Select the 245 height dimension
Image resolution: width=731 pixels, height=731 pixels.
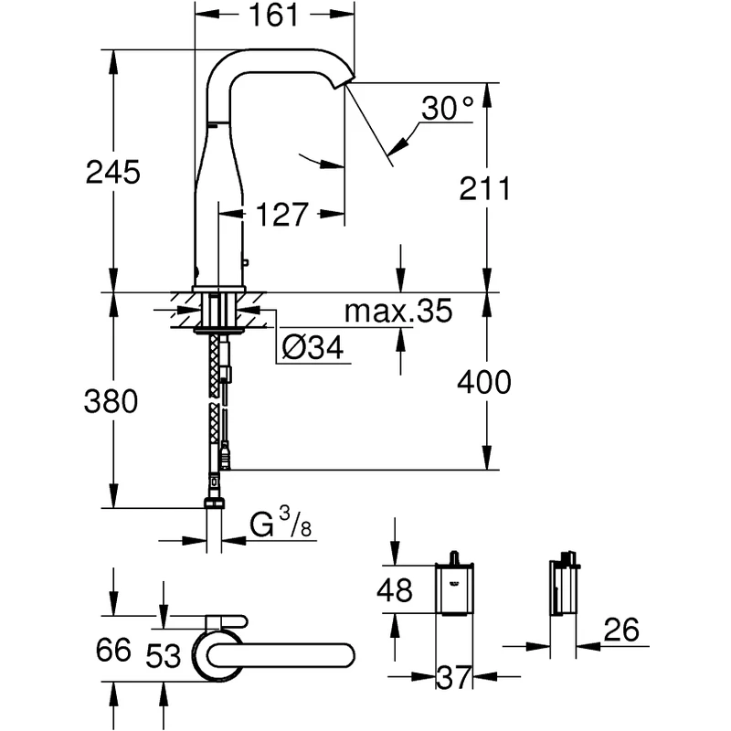pos(113,171)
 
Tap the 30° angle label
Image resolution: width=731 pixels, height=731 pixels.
pos(449,111)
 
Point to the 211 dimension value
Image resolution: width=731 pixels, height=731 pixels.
pos(483,189)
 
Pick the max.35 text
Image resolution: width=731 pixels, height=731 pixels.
pos(397,313)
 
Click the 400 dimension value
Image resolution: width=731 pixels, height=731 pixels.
pos(485,382)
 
